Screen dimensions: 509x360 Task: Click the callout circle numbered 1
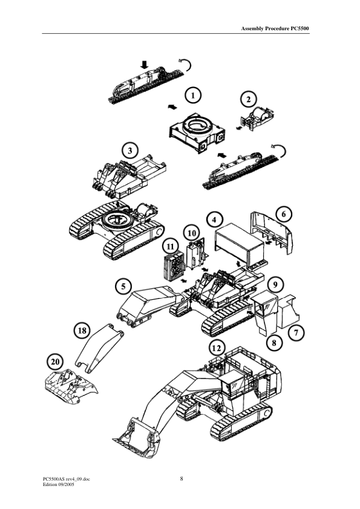pos(192,95)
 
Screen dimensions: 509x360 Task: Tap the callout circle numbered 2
pos(247,98)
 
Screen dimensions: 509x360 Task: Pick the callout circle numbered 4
pos(213,217)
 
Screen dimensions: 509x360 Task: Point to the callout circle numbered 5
pos(123,285)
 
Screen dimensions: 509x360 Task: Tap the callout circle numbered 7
pos(295,332)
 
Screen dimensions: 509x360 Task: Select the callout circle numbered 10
pos(191,232)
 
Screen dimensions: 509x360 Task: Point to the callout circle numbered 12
pos(216,348)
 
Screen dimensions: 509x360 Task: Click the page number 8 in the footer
pos(182,479)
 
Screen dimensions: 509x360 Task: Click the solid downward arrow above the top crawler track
pos(144,63)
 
